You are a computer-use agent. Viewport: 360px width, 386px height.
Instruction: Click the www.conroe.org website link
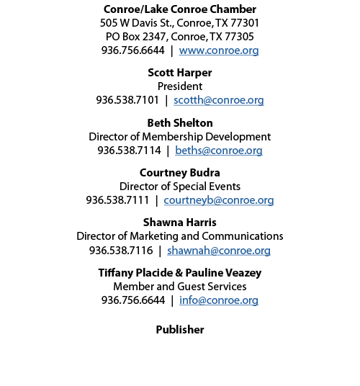coord(219,50)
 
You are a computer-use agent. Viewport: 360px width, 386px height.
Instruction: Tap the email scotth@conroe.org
coord(219,100)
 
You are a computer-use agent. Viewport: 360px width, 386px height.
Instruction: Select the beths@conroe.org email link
coord(219,151)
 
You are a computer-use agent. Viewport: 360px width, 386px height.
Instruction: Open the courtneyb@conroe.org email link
coord(219,200)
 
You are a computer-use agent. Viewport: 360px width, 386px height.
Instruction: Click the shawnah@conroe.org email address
coord(219,251)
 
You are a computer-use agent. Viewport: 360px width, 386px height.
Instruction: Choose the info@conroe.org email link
coord(219,300)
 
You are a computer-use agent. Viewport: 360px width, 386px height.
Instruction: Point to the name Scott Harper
coord(180,73)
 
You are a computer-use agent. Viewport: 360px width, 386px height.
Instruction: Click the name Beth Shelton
coord(180,123)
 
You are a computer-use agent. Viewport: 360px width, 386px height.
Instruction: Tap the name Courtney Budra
coord(180,173)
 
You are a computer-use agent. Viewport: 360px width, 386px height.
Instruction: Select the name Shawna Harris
coord(180,223)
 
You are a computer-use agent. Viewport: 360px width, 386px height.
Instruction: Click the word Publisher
coord(180,330)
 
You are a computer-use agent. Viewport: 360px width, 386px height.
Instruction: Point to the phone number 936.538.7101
coord(127,100)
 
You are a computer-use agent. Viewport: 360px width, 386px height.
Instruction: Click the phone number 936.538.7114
coord(129,151)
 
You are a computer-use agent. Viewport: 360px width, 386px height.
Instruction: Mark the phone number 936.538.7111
coord(117,200)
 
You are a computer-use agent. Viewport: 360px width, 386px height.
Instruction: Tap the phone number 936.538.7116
coord(121,251)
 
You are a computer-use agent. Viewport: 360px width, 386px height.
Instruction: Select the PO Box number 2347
coord(155,37)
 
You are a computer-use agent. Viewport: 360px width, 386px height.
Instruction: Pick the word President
coord(180,86)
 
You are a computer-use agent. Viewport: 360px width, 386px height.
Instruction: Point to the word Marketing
coord(152,236)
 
